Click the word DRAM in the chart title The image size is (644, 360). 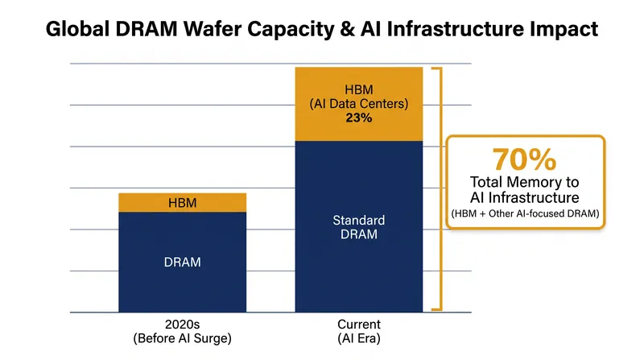point(147,29)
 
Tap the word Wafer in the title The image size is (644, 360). point(213,29)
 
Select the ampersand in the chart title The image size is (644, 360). point(348,29)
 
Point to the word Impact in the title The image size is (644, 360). point(563,30)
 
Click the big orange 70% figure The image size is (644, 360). point(525,159)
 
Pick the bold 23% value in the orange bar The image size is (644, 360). point(358,118)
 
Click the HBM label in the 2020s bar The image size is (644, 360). point(183,203)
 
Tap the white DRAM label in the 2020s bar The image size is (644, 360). point(183,263)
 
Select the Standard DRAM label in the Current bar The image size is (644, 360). point(358,227)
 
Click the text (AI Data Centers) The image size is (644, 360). point(358,104)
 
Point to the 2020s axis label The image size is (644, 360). point(183,325)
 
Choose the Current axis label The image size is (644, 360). point(359,325)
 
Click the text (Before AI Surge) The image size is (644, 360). point(183,338)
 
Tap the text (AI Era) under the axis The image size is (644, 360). point(359,338)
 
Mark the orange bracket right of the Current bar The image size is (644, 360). point(441,188)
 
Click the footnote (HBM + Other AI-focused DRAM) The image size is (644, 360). point(526,213)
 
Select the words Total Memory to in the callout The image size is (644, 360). point(525,182)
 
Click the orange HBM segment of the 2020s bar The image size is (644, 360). point(183,203)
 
